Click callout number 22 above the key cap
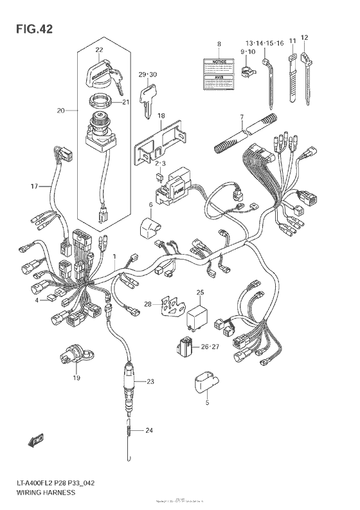[x=99, y=50]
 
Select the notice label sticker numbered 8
[x=219, y=72]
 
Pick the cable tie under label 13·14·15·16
[x=269, y=84]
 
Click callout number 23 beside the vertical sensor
[x=150, y=382]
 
